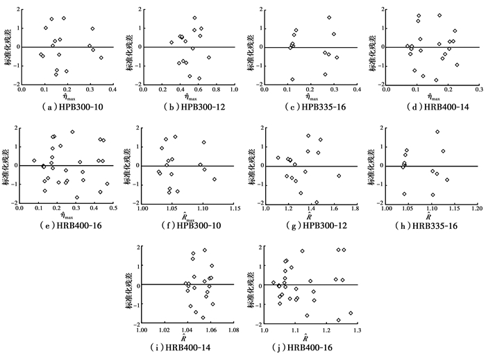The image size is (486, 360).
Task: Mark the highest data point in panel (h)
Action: (x=437, y=132)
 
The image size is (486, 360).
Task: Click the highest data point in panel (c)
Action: (x=329, y=17)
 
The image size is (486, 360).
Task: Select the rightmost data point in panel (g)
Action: (x=339, y=176)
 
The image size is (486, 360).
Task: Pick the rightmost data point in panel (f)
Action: (x=215, y=180)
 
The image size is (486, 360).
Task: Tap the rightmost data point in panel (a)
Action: (x=101, y=58)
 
